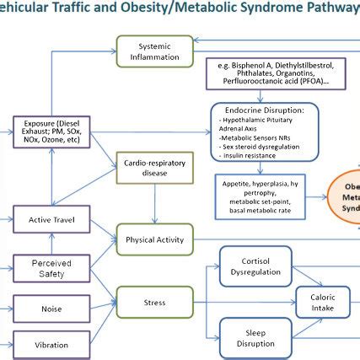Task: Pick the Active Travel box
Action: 51,221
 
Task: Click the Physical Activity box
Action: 154,239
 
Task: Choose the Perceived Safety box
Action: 51,269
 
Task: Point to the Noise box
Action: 51,309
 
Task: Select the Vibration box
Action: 51,345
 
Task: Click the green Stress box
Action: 154,301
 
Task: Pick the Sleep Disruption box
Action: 255,336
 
